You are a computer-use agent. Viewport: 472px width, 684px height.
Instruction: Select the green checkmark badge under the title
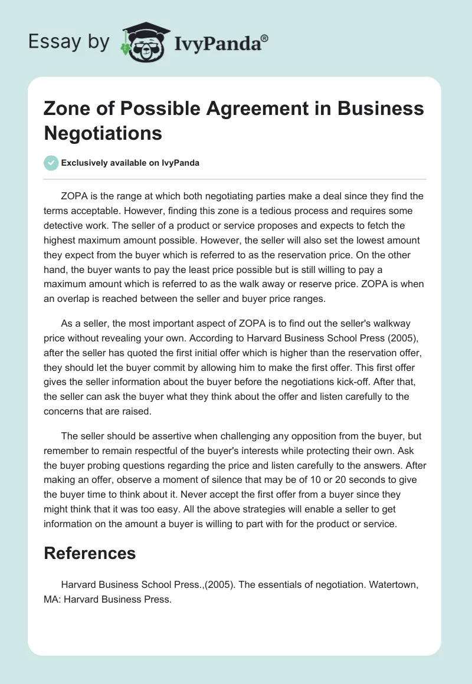[51, 163]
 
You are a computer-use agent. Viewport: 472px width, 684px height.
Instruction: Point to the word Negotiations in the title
[103, 133]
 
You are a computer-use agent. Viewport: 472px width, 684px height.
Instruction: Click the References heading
[90, 553]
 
